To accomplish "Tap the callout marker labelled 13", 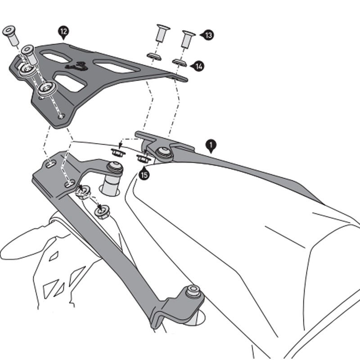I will [208, 35].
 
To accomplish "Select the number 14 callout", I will [198, 66].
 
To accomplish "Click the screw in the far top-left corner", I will [9, 33].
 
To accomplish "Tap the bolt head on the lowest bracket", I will [193, 289].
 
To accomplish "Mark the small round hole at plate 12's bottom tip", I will [62, 116].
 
